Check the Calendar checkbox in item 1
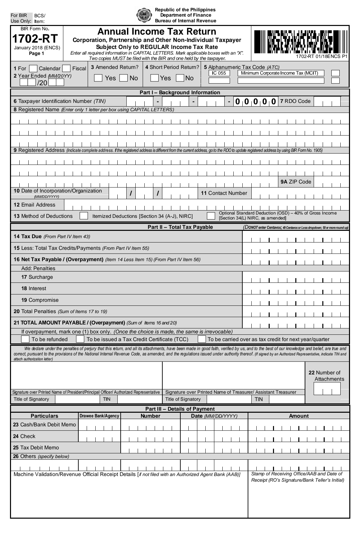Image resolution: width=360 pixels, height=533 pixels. click(x=33, y=69)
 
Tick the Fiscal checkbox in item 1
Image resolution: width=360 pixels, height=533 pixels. click(x=66, y=69)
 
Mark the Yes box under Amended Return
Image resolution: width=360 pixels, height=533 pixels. click(x=98, y=78)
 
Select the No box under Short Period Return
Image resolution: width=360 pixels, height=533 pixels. click(x=180, y=78)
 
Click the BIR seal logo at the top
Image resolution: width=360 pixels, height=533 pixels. click(x=144, y=15)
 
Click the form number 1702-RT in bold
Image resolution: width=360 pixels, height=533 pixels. click(x=35, y=39)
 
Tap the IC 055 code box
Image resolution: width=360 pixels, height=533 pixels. click(x=219, y=73)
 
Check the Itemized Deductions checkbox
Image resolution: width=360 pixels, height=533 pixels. click(x=84, y=216)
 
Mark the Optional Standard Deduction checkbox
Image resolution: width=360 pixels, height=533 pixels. click(x=211, y=216)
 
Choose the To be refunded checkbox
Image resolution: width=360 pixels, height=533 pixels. click(x=25, y=339)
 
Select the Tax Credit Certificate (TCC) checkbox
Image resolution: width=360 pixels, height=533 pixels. click(x=80, y=339)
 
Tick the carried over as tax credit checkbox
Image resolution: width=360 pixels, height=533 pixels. click(x=202, y=339)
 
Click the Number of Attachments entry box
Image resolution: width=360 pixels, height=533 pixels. click(x=327, y=389)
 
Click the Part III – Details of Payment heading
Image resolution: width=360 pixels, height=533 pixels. click(x=180, y=409)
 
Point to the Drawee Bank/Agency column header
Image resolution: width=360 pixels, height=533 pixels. click(x=99, y=416)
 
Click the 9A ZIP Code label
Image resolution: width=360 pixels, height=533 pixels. click(x=296, y=182)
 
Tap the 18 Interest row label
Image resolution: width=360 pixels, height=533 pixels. click(x=34, y=288)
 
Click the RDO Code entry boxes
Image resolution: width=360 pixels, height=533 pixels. click(x=327, y=101)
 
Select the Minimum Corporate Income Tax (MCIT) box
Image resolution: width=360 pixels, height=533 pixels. click(x=279, y=73)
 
